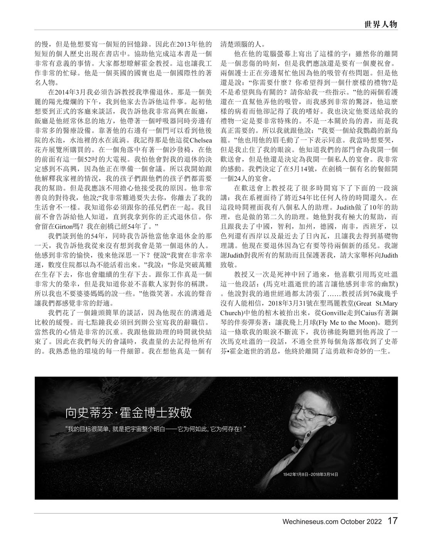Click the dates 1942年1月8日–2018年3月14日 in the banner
tap(310, 475)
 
